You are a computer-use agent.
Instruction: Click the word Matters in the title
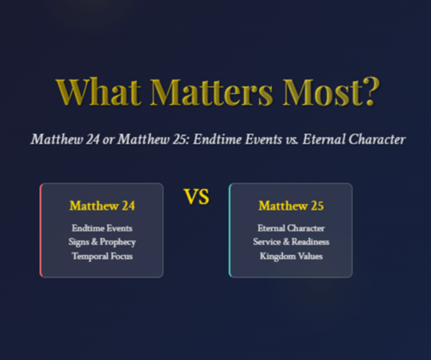[212, 92]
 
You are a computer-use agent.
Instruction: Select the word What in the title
[98, 92]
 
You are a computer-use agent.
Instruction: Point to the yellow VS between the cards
[197, 197]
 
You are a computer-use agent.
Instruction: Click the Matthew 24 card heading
[102, 206]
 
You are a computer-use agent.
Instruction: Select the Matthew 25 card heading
[291, 206]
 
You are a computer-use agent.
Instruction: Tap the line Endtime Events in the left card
[102, 228]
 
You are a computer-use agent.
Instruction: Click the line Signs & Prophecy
[102, 242]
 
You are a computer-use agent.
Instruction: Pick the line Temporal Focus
[102, 256]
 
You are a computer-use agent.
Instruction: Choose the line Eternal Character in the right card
[291, 228]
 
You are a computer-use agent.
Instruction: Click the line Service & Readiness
[291, 242]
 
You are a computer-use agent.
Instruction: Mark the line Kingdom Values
[291, 257]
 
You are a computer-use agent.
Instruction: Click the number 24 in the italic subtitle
[93, 139]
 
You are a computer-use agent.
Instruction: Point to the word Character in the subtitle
[377, 139]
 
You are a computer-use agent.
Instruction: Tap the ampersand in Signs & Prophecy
[95, 242]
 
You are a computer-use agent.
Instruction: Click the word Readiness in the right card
[310, 242]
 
